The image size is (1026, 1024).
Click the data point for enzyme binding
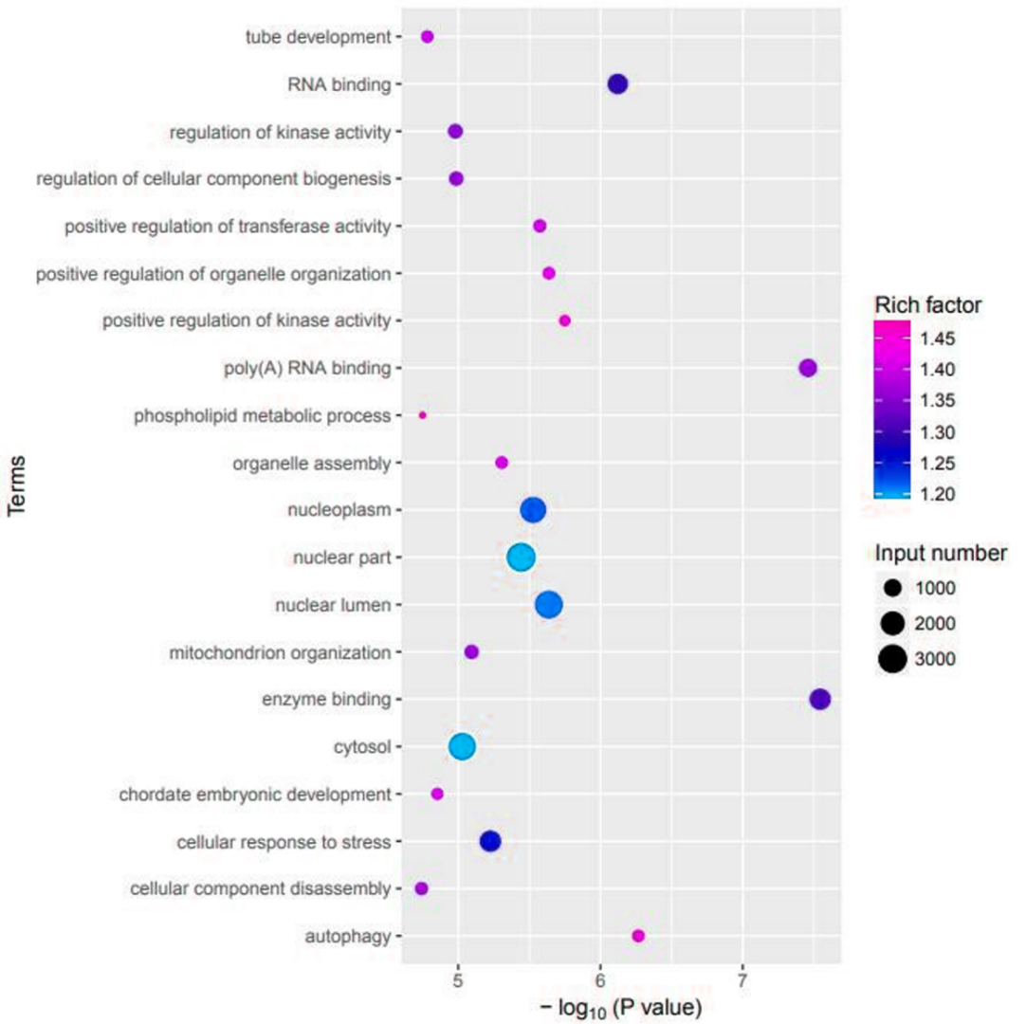[x=820, y=700]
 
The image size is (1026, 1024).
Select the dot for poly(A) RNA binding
[x=808, y=368]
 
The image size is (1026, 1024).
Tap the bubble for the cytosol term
[x=462, y=747]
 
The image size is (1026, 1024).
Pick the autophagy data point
[x=638, y=936]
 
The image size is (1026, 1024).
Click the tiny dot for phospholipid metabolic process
[x=423, y=415]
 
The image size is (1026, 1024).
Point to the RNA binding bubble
[x=617, y=84]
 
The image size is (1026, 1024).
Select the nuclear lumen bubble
[x=549, y=605]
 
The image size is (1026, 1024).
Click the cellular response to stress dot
[x=490, y=841]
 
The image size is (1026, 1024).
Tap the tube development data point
[x=428, y=37]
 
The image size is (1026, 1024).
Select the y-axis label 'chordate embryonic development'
[x=255, y=794]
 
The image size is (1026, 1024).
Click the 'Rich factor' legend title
[x=927, y=305]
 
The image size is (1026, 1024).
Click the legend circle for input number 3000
[x=891, y=659]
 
